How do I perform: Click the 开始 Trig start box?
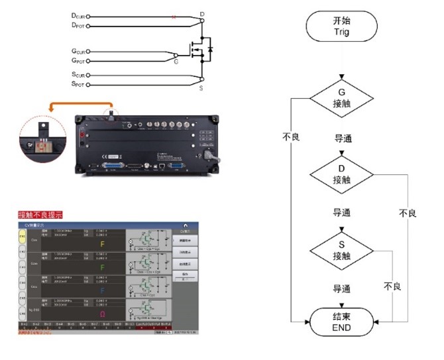(x=341, y=26)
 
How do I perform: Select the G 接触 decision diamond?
(x=341, y=97)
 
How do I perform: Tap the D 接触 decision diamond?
(x=341, y=174)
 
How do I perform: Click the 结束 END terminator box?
(x=341, y=323)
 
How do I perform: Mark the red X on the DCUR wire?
(x=174, y=16)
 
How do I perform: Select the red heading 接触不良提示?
(x=41, y=215)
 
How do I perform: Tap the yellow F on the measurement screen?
(x=102, y=243)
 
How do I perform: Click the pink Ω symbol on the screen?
(x=102, y=314)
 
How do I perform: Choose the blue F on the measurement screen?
(x=102, y=290)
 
